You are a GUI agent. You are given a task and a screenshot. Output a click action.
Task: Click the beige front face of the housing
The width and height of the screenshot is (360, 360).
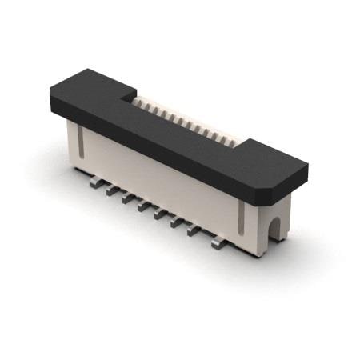pos(160,180)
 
